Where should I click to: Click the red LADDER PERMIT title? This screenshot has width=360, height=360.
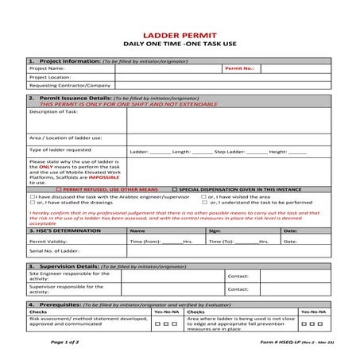pos(180,36)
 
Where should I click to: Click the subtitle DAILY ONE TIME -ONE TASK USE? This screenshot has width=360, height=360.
pos(180,46)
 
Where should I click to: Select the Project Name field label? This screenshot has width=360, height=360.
pos(47,69)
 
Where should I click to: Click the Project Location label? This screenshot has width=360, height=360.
pos(50,77)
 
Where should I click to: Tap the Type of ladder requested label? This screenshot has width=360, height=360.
pos(60,149)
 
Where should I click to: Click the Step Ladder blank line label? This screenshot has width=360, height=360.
pos(229,150)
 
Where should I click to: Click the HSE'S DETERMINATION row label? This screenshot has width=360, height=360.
pos(62,230)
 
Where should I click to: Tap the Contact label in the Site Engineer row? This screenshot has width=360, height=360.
pos(238,276)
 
